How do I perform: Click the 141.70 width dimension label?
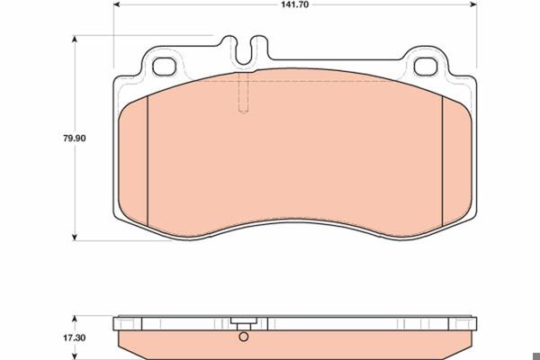(x=295, y=4)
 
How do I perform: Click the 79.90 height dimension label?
(x=75, y=139)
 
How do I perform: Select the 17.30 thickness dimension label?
(x=74, y=338)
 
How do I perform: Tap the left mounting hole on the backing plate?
(x=165, y=67)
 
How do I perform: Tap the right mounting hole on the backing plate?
(x=426, y=67)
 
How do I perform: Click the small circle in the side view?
(x=244, y=337)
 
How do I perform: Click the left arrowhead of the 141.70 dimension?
(x=116, y=4)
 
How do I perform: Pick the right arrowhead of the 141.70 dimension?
(x=474, y=4)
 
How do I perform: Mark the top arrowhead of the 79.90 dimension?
(x=75, y=39)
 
